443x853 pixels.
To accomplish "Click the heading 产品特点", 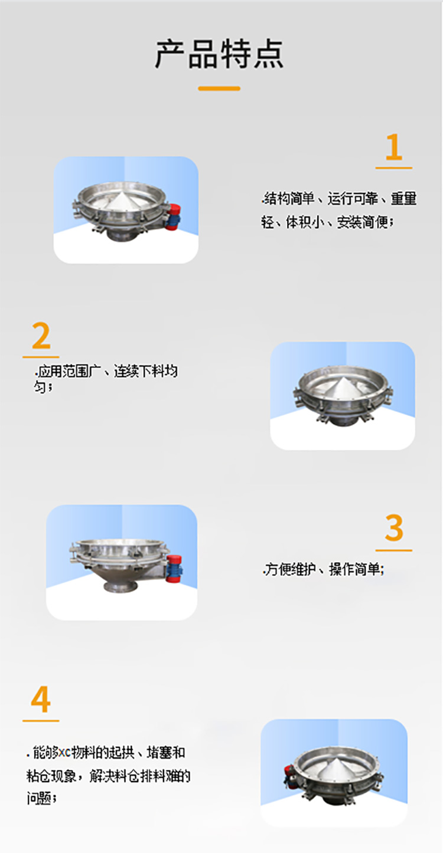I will [219, 54].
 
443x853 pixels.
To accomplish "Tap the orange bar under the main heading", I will [219, 88].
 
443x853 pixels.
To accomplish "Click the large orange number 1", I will [393, 147].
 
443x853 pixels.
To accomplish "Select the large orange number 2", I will [41, 337].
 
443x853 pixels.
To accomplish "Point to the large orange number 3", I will [393, 529].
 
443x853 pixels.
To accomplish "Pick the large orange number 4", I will [41, 700].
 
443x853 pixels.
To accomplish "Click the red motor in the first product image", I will [176, 216].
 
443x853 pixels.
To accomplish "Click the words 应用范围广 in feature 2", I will [66, 372].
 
